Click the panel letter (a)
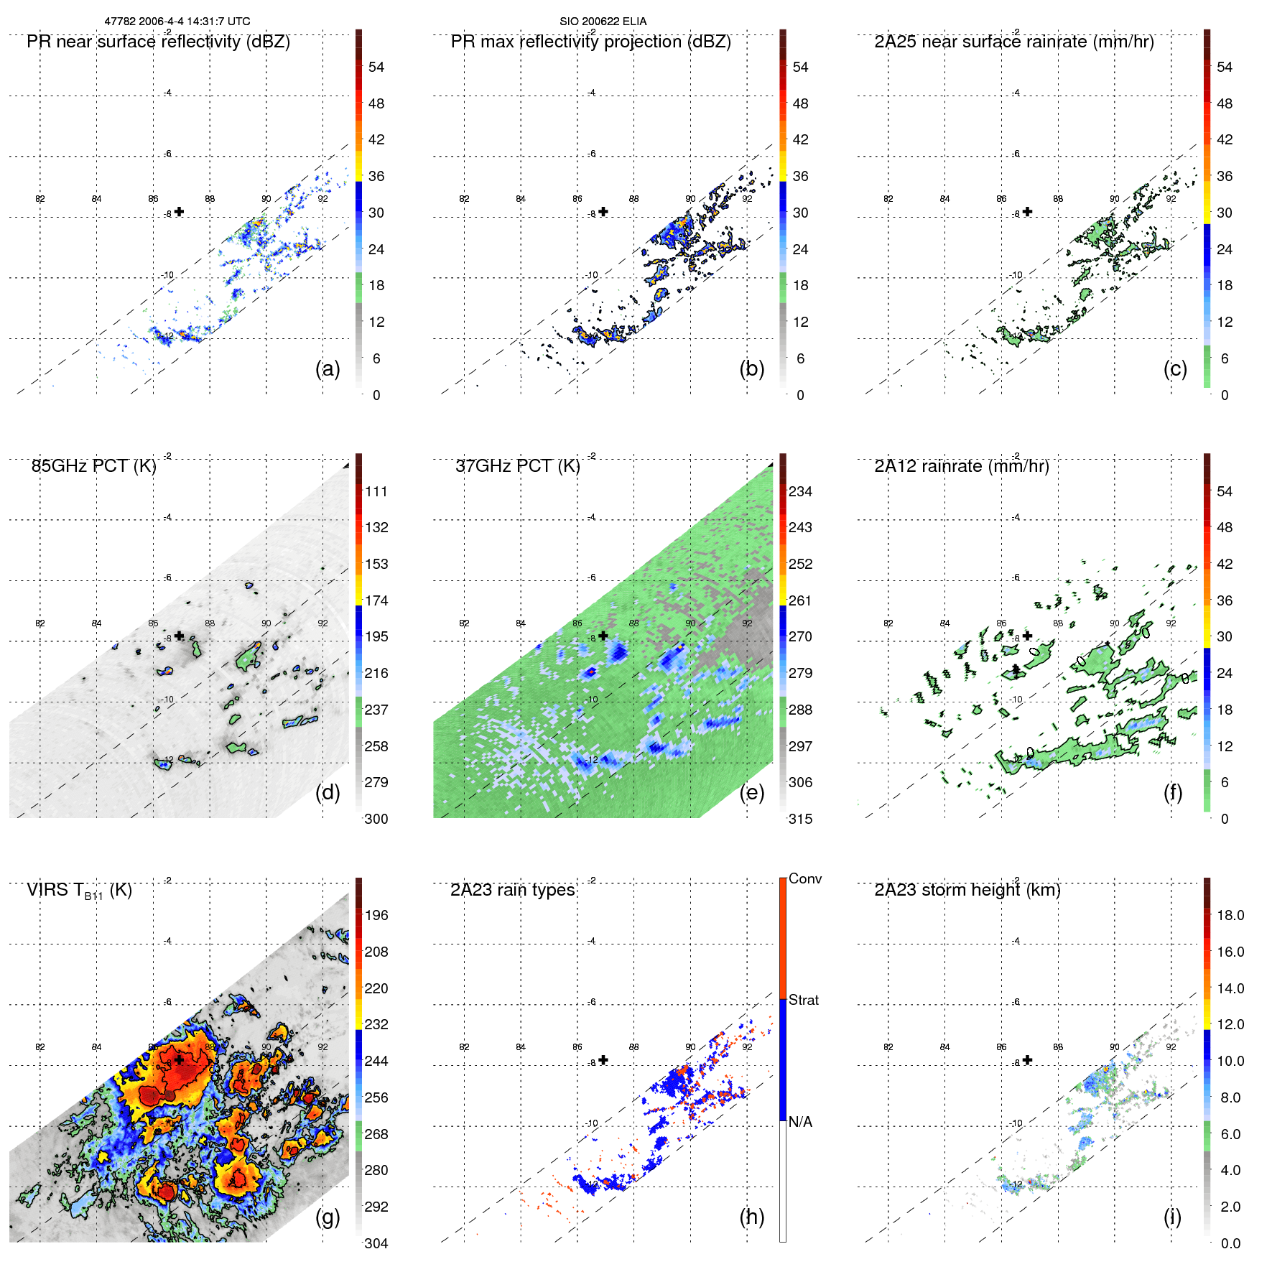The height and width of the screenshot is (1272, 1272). tap(328, 369)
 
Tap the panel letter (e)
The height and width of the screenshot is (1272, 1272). tap(751, 793)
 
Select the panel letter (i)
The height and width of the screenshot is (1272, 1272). tap(1172, 1217)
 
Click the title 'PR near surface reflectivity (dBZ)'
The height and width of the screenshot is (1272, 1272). tap(158, 42)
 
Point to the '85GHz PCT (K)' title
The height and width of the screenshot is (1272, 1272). tap(93, 466)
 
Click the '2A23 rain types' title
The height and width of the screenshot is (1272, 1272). tap(512, 890)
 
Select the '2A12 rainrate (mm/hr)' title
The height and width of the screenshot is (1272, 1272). tap(961, 466)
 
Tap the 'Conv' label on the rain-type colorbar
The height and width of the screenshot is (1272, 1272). tap(804, 878)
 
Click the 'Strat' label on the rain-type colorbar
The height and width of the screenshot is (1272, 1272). tap(803, 1000)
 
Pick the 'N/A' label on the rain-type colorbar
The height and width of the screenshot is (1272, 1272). tap(800, 1122)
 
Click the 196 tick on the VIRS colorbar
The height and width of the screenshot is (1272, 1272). tap(376, 915)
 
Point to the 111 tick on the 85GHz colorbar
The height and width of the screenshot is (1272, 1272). tap(376, 491)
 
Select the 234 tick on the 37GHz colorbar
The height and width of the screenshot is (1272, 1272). tap(800, 491)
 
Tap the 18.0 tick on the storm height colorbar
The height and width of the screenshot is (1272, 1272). tap(1230, 915)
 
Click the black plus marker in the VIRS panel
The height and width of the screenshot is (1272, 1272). tap(179, 1059)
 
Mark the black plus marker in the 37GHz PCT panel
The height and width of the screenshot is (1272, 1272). tap(603, 636)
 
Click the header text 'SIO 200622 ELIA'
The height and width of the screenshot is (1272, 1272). tap(603, 22)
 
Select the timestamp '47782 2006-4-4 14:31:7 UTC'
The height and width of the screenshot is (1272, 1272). tap(177, 22)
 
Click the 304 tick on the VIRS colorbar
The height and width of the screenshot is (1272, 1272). tap(376, 1243)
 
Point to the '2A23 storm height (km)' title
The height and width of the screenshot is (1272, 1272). tap(967, 890)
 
